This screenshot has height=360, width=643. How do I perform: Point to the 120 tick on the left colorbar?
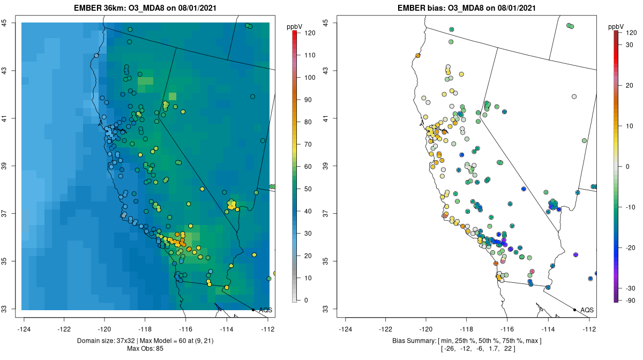(x=309, y=33)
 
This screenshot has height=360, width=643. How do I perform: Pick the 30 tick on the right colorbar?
(x=631, y=44)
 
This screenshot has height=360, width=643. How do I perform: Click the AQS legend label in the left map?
(x=265, y=310)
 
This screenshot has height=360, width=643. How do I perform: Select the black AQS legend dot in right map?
(x=574, y=310)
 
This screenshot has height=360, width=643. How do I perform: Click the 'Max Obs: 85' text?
(x=146, y=349)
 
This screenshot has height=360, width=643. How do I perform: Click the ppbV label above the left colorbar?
(x=294, y=26)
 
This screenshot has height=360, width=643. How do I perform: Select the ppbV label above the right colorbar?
(x=617, y=26)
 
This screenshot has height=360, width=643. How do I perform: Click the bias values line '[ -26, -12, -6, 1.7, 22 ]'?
(x=467, y=349)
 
